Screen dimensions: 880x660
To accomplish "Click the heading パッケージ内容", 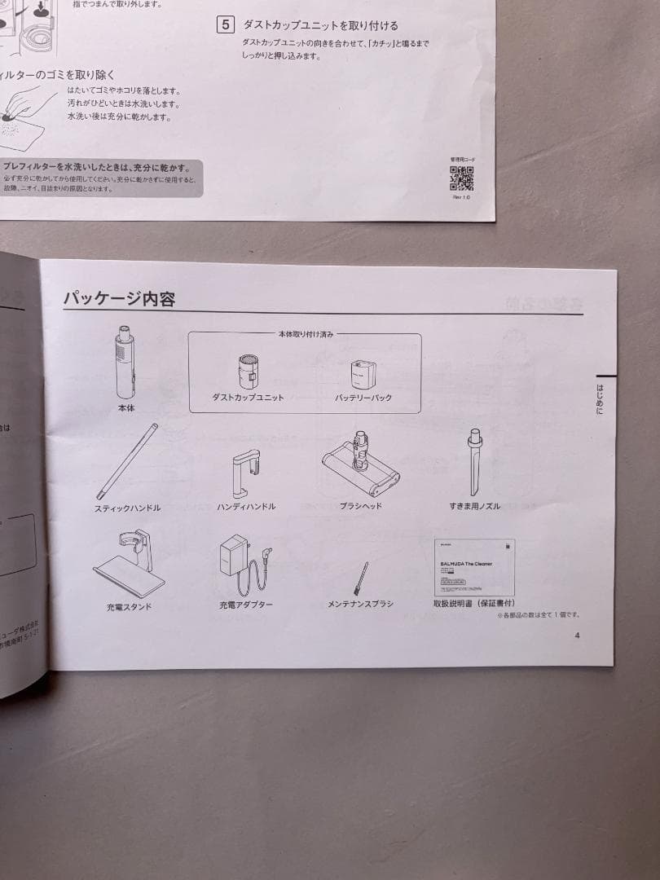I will [x=119, y=299].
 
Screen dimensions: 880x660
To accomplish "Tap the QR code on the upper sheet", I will [x=461, y=178].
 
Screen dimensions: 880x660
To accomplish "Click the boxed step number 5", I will [x=226, y=25].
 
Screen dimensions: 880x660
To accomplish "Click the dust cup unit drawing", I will [x=248, y=372].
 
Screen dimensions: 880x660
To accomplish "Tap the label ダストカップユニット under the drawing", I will [x=248, y=398].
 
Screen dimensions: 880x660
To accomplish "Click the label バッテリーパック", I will [x=363, y=398].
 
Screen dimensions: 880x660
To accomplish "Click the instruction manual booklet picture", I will [x=473, y=567].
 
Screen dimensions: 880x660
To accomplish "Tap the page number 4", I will [x=577, y=636].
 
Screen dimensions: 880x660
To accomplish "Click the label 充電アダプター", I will [x=245, y=605].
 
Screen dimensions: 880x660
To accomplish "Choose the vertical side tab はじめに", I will [x=600, y=399].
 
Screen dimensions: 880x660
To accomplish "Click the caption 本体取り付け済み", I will [x=305, y=334].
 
